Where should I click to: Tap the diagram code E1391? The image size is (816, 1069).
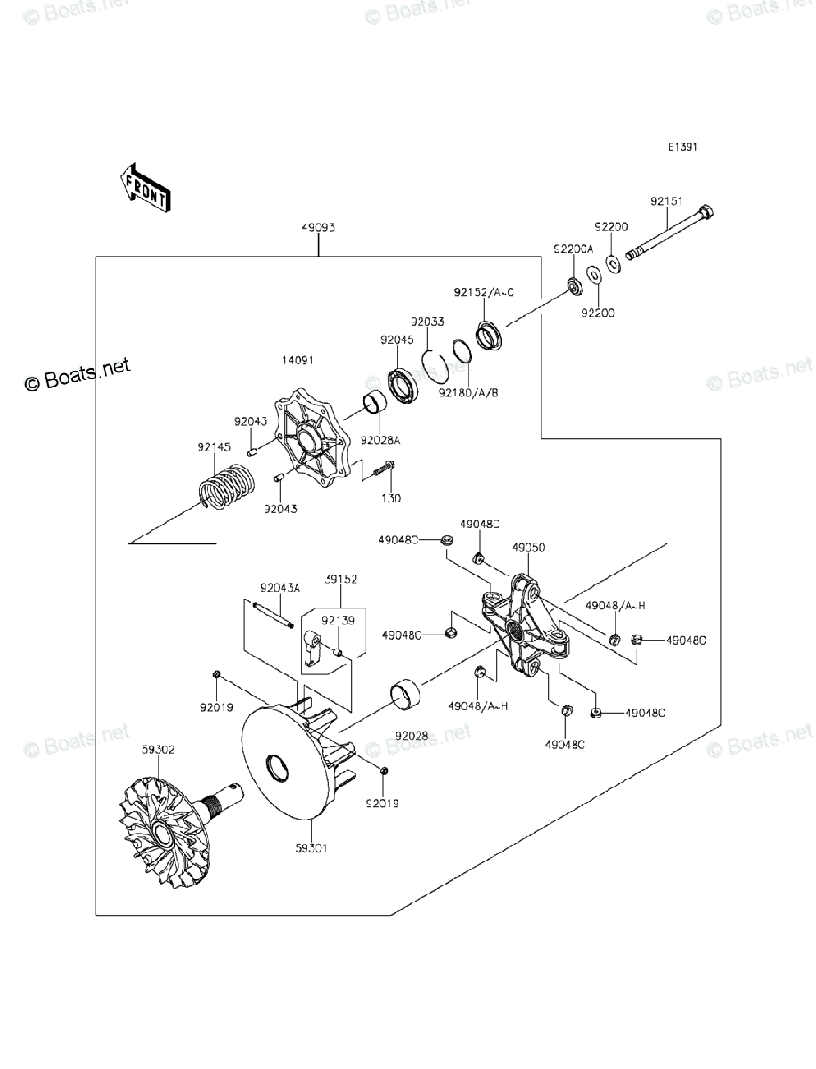pos(683,148)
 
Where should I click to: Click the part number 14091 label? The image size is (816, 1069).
pos(298,361)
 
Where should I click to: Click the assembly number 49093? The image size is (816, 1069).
pos(318,228)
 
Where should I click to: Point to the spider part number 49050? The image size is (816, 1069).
pos(528,549)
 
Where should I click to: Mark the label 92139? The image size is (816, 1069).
pos(339,620)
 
